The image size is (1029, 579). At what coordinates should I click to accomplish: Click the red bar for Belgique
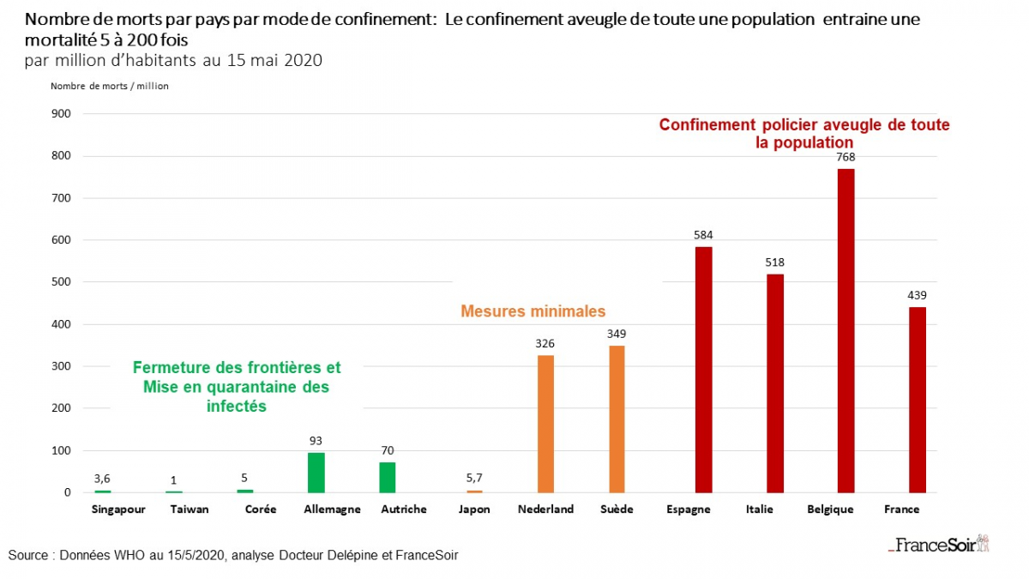tap(845, 330)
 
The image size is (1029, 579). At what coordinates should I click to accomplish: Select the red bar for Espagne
tap(703, 370)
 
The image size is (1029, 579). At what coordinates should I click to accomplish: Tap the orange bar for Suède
tap(617, 419)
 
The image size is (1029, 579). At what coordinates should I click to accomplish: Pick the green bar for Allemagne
tap(316, 473)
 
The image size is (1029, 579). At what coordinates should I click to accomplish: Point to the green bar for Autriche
tap(388, 477)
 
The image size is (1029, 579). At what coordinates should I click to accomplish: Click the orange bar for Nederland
tap(545, 424)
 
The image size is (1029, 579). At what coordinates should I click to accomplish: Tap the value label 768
tap(846, 157)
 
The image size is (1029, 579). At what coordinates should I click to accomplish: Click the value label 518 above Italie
tap(775, 262)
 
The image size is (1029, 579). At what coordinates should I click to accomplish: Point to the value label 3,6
tap(103, 478)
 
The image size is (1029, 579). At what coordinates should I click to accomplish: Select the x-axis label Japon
tap(474, 510)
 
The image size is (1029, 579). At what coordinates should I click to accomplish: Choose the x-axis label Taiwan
tap(190, 510)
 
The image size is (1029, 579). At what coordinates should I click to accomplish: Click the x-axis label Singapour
tap(118, 510)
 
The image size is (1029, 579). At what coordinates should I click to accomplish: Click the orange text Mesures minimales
tap(533, 311)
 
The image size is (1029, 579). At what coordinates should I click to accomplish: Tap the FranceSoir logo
tap(938, 544)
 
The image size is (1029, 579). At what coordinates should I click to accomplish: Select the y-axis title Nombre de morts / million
tap(110, 86)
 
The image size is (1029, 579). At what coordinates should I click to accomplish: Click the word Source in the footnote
tap(28, 555)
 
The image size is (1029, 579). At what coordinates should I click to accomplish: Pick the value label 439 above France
tap(918, 295)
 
